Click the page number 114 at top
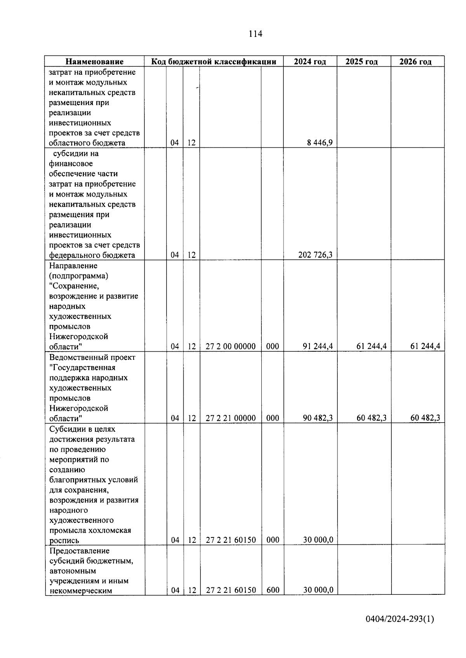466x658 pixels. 255,34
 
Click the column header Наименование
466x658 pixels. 94,62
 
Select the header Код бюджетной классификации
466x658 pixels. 214,62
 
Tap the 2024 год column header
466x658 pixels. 310,62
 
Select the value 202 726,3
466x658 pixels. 315,255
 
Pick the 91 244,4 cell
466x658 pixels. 318,346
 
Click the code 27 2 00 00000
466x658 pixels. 231,346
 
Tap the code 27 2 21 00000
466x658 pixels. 231,418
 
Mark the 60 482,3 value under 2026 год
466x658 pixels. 425,418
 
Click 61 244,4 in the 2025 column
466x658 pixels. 371,346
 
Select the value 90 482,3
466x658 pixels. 318,418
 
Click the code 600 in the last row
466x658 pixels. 273,590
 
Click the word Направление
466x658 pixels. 73,266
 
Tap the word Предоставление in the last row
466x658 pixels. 80,551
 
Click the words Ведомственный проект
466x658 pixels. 92,357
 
